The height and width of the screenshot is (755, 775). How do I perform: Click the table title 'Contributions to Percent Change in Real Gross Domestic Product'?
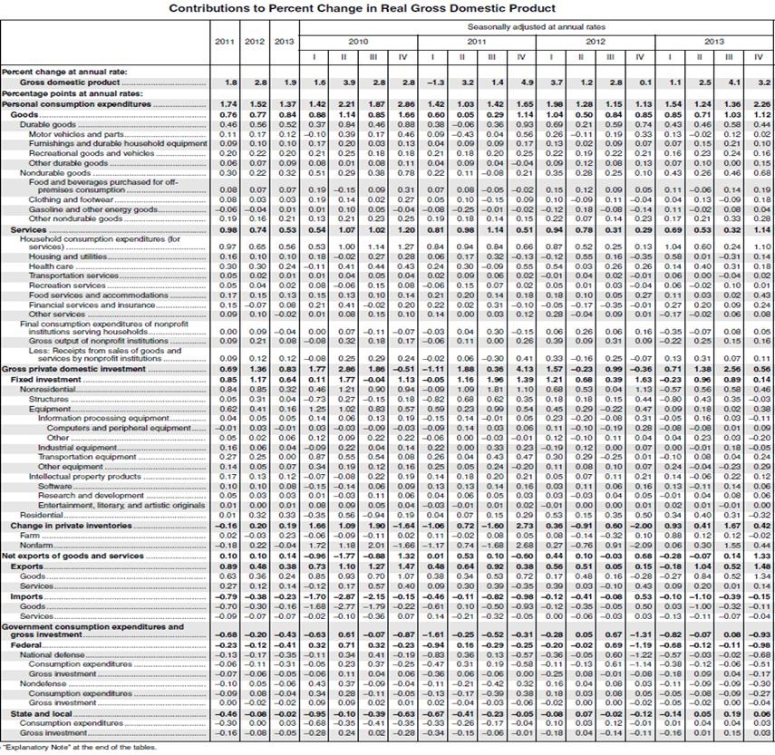(x=387, y=7)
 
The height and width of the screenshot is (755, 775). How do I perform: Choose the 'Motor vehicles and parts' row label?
(x=73, y=133)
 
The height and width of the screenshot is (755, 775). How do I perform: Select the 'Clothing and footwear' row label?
(x=68, y=199)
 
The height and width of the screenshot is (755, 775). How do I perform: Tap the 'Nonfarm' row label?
(x=35, y=545)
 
